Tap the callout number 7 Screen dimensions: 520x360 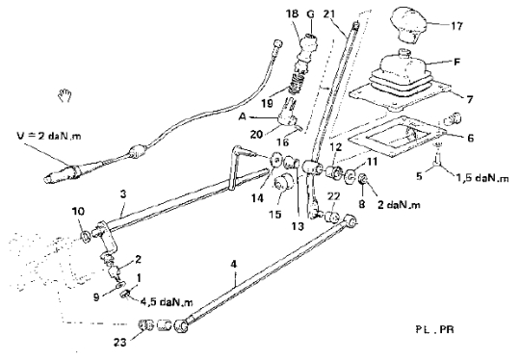pyautogui.click(x=469, y=99)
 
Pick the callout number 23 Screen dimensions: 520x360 pyautogui.click(x=119, y=342)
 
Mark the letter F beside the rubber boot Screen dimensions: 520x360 pyautogui.click(x=457, y=62)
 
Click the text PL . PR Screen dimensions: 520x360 pyautogui.click(x=434, y=329)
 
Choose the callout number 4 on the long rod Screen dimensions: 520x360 pyautogui.click(x=234, y=264)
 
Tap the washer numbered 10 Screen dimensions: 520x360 pyautogui.click(x=87, y=236)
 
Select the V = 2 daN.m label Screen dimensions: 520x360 pyautogui.click(x=49, y=136)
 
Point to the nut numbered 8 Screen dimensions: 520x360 pyautogui.click(x=363, y=180)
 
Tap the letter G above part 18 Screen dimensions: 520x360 pyautogui.click(x=310, y=14)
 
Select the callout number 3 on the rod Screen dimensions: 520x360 pyautogui.click(x=123, y=193)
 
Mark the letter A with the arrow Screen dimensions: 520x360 pyautogui.click(x=243, y=116)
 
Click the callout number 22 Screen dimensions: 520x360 pyautogui.click(x=334, y=196)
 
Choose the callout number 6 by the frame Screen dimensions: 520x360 pyautogui.click(x=470, y=138)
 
